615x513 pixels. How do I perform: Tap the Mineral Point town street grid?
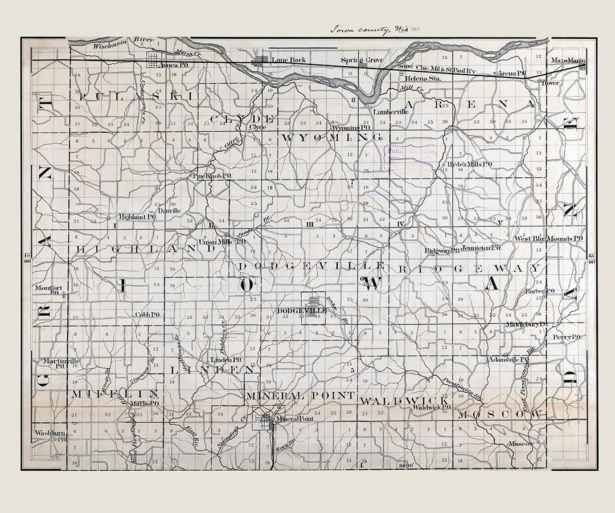[x=266, y=421]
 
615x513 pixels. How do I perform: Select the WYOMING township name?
[x=332, y=137]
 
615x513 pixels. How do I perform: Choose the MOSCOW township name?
[x=499, y=414]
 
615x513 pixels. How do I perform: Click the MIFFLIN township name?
[x=114, y=394]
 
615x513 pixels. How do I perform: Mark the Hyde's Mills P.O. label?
[x=470, y=164]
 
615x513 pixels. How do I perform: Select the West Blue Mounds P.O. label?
[x=549, y=238]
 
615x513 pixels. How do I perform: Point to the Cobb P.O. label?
[x=147, y=314]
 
